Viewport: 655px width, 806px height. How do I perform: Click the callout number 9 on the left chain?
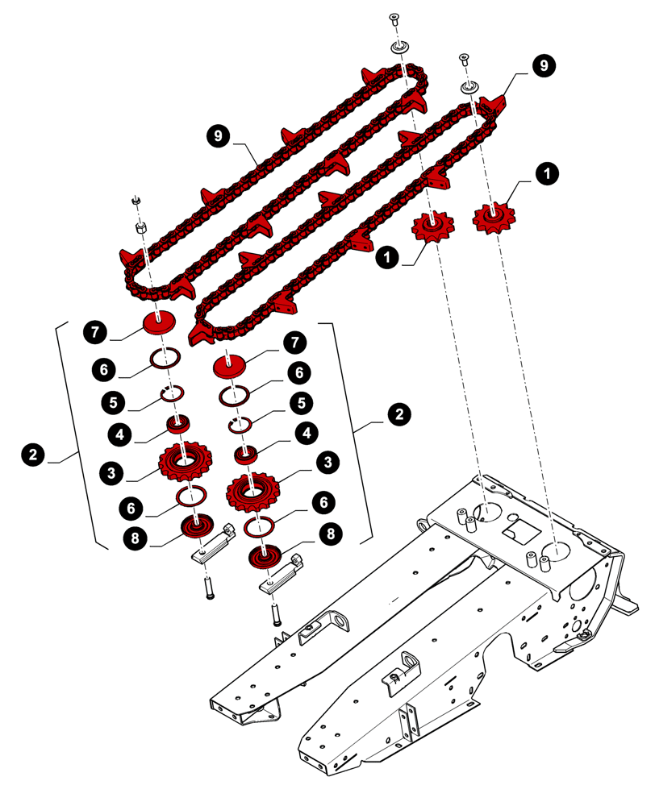tap(215, 136)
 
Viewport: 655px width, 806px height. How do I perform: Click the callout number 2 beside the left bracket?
tap(32, 455)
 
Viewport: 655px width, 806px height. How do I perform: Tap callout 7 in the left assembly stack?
tap(94, 330)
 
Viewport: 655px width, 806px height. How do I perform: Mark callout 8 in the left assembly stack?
tap(138, 536)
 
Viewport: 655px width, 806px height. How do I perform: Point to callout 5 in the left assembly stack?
tap(113, 401)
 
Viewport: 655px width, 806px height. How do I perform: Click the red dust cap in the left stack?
tap(160, 323)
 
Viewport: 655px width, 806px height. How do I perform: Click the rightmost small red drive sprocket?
tap(494, 216)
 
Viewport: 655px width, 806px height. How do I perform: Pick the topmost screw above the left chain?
tap(394, 19)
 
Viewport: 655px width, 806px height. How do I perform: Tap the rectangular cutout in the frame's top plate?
tap(520, 532)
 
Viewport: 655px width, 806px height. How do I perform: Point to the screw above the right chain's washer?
tap(465, 59)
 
